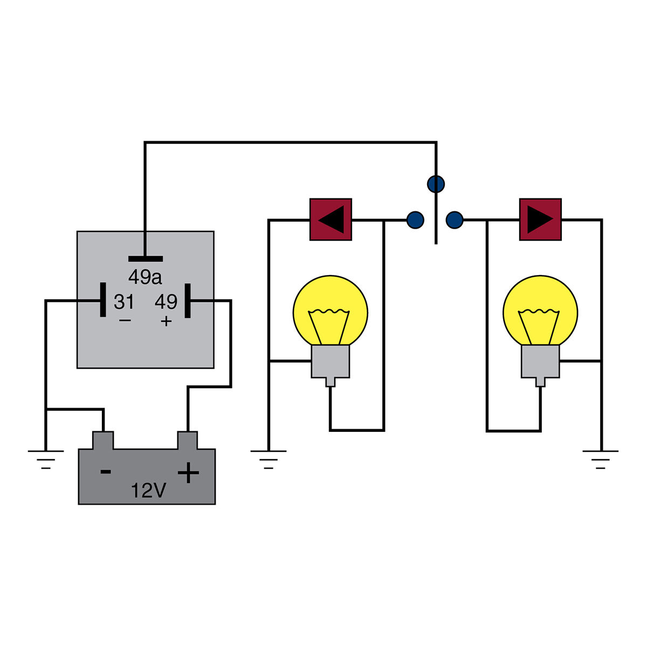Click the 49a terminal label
144,277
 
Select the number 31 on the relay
124,302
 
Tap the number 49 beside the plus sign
166,302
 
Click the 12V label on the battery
148,491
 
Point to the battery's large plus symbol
188,473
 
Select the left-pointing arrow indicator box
331,219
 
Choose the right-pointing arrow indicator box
540,219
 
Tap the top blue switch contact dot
436,184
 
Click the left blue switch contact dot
415,219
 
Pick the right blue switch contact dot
455,219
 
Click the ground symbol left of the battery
46,458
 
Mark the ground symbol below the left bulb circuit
269,459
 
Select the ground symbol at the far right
601,459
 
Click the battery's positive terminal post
188,440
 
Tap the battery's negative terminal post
103,440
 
